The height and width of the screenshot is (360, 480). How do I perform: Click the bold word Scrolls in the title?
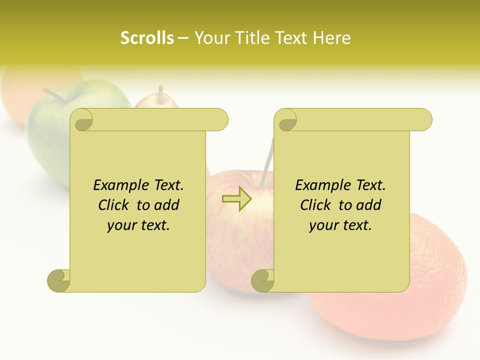[x=147, y=38]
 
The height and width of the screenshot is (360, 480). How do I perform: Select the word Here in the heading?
[x=331, y=38]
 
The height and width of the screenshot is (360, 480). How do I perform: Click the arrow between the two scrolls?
[x=236, y=199]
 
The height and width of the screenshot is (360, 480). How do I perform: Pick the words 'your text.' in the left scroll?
[x=138, y=225]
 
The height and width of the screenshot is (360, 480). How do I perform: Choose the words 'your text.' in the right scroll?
[x=340, y=225]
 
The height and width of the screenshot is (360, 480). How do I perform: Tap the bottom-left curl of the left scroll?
[x=59, y=280]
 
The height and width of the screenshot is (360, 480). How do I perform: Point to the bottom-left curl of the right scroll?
[x=262, y=280]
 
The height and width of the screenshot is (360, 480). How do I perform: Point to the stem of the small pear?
[x=160, y=93]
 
